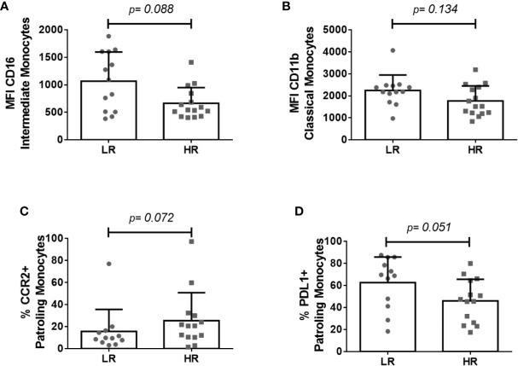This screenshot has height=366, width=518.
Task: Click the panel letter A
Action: pos(6,8)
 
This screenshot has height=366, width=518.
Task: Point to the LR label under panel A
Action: pos(108,154)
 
